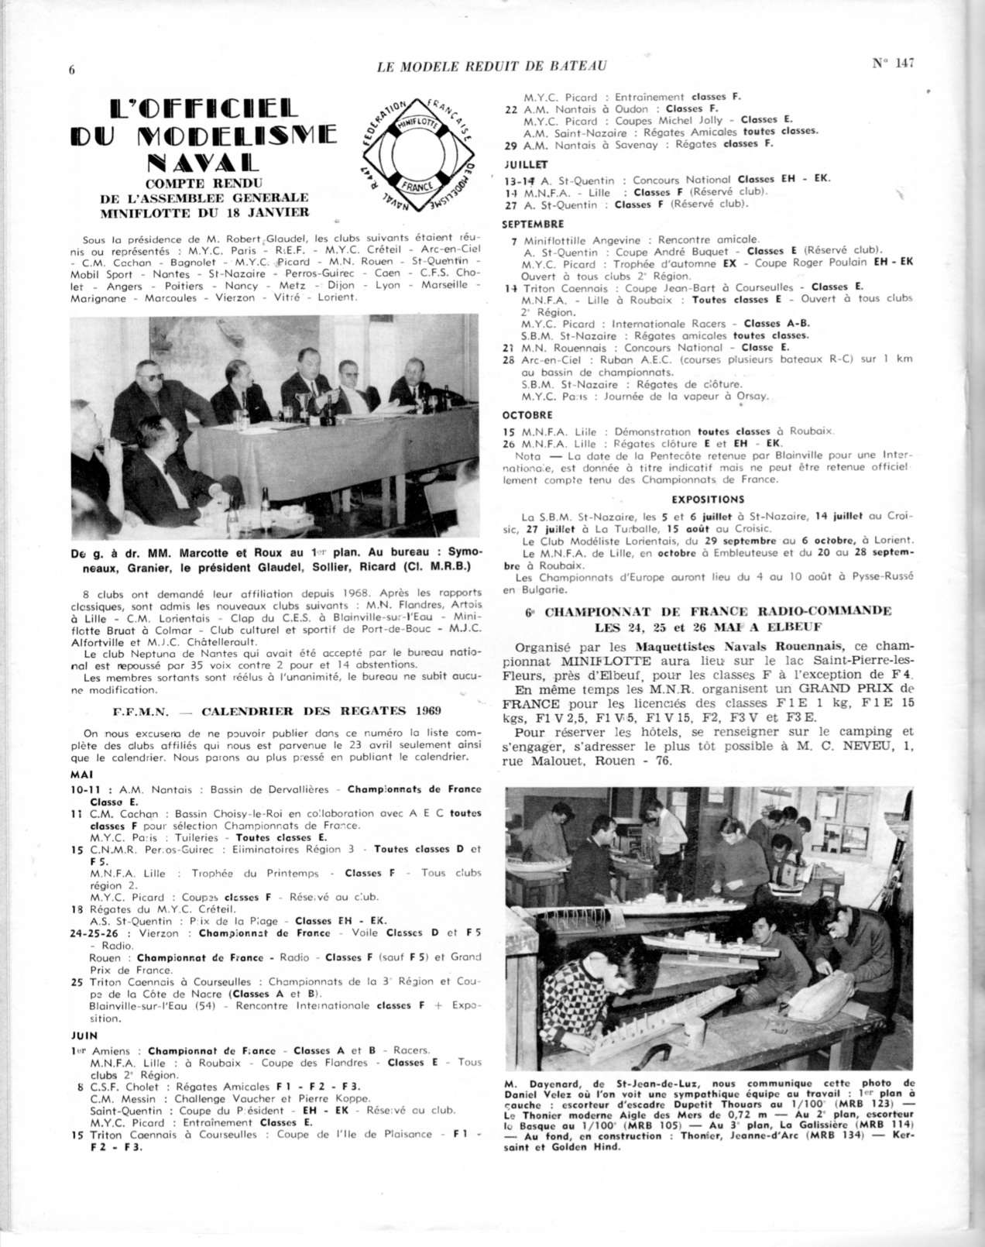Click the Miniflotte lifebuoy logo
(x=420, y=155)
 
